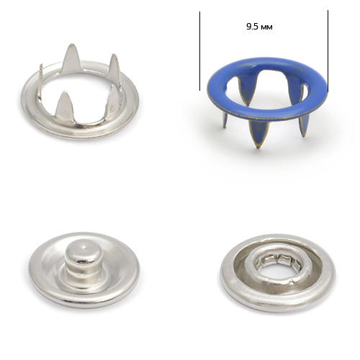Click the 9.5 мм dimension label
pos(259,27)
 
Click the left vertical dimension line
pos(199,51)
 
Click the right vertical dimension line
pos(328,51)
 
